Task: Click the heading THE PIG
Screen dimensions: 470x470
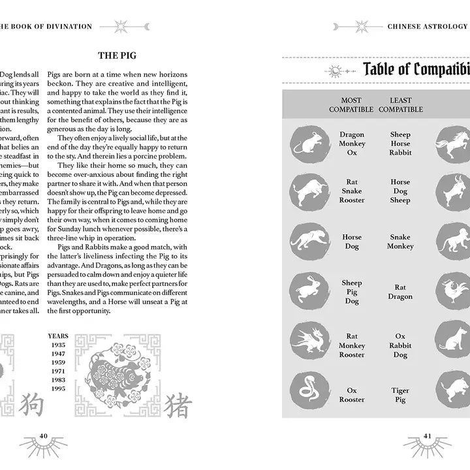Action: point(117,56)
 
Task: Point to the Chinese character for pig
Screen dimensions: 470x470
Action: point(176,405)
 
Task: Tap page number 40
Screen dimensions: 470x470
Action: point(44,436)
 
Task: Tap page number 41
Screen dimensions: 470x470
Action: point(428,436)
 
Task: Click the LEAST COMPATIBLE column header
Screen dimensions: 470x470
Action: point(401,104)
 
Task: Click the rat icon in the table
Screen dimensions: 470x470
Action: point(306,144)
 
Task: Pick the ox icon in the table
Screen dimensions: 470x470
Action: point(306,192)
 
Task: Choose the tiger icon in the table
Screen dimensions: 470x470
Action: point(306,242)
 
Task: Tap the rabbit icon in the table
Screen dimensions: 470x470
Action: point(306,291)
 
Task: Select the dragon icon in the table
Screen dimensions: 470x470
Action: point(306,341)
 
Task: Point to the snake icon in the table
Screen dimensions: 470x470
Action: point(306,390)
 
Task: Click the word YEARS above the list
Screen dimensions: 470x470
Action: point(57,336)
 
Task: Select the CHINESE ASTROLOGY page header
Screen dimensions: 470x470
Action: point(428,27)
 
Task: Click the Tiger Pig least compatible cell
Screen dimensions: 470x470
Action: point(400,395)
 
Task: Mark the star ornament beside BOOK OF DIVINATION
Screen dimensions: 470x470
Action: point(122,27)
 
